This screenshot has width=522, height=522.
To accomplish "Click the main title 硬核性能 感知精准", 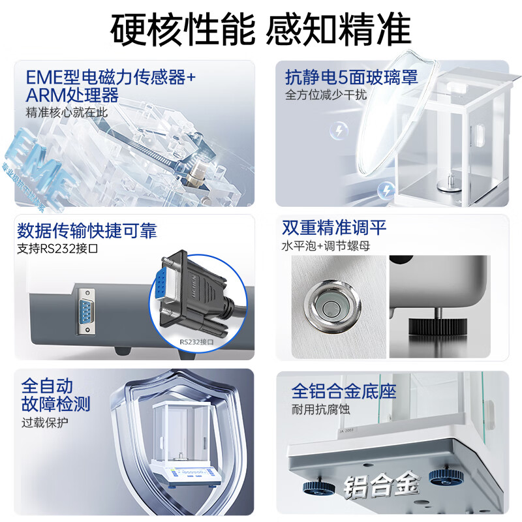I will click(261, 29).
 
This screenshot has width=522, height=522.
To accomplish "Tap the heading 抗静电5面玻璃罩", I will click(352, 78).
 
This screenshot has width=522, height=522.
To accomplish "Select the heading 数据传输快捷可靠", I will click(87, 231).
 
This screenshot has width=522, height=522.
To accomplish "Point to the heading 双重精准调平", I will click(334, 228).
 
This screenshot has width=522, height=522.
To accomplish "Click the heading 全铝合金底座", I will click(344, 391).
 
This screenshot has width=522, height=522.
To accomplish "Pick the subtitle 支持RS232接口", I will click(56, 249).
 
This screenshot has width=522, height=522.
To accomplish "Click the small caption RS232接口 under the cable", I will click(196, 341).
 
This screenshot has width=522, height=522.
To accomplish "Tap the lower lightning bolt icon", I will click(387, 190).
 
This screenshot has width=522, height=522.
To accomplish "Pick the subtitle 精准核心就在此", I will click(67, 112).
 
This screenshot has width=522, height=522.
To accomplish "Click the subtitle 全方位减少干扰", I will click(326, 95).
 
